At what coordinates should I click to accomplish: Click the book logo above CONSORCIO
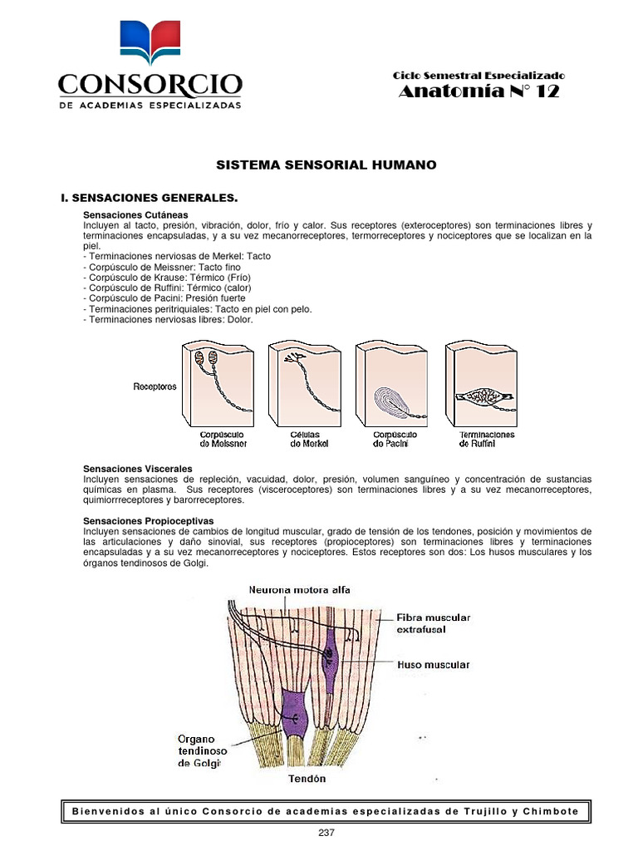150,43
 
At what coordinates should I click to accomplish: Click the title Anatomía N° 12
478,92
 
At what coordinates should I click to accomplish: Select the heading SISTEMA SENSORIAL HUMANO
326,165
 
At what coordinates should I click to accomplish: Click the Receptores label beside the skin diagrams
155,386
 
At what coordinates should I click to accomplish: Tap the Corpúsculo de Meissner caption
223,439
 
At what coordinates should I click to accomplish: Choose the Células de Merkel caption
309,439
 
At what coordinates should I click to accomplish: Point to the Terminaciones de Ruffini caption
487,439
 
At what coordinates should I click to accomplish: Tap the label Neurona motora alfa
299,589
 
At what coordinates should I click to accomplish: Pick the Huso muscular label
434,665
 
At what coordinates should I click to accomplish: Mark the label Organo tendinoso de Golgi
199,750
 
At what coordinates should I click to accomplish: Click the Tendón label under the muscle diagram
307,779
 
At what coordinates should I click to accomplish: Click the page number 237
326,833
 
